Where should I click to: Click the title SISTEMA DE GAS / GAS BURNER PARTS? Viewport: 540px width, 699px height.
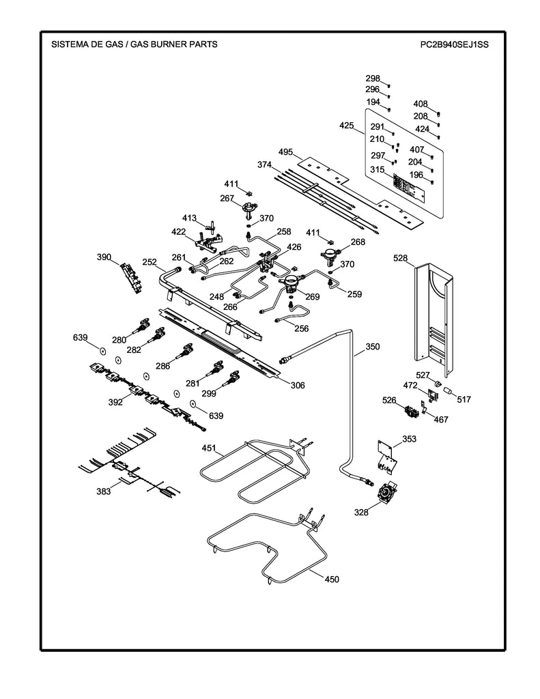(134, 44)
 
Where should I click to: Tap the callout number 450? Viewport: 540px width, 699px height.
(331, 580)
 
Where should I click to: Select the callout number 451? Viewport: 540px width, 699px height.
(208, 448)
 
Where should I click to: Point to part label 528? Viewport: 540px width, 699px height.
(401, 258)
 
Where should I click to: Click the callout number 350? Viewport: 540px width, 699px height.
(372, 347)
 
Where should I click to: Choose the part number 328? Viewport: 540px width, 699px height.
(361, 511)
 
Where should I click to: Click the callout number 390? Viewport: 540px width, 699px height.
(104, 257)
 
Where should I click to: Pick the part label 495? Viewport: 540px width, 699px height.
(286, 152)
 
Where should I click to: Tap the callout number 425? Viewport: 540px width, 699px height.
(347, 126)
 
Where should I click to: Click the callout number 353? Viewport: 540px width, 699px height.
(409, 439)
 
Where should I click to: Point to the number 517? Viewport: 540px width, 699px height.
(464, 399)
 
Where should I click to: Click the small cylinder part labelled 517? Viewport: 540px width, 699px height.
(449, 390)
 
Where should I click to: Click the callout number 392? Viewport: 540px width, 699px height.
(115, 403)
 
